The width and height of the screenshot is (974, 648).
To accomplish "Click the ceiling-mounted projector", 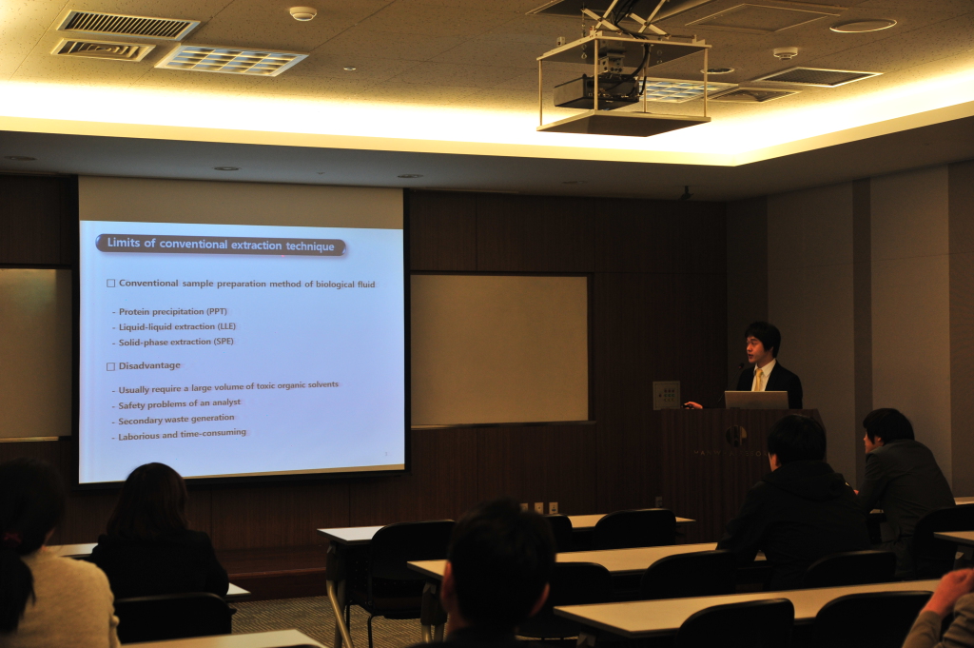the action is pyautogui.click(x=595, y=91).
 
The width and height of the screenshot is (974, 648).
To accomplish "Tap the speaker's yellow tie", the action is pyautogui.click(x=758, y=380).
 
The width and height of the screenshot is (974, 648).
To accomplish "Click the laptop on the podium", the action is pyautogui.click(x=756, y=400).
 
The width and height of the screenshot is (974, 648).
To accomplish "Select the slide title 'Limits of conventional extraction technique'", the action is pyautogui.click(x=221, y=245).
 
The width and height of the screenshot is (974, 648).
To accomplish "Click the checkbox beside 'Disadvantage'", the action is pyautogui.click(x=110, y=366).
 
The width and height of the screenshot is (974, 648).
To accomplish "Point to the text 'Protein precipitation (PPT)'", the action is pyautogui.click(x=173, y=311).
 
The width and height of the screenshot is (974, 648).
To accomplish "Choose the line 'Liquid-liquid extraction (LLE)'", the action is pyautogui.click(x=177, y=326).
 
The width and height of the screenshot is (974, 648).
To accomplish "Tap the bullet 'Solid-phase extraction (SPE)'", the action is pyautogui.click(x=176, y=342).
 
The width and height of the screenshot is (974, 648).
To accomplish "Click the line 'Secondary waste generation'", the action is pyautogui.click(x=176, y=420).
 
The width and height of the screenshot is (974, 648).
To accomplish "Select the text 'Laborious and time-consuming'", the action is pyautogui.click(x=182, y=434).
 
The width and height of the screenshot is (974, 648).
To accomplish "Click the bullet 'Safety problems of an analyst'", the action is pyautogui.click(x=179, y=403).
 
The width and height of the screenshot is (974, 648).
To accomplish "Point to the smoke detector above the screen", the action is pyautogui.click(x=302, y=13).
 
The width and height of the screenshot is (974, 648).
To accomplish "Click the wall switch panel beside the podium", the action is pyautogui.click(x=666, y=395).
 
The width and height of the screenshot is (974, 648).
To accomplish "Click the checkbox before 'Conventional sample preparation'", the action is pyautogui.click(x=110, y=284).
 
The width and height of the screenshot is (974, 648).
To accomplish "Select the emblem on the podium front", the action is pyautogui.click(x=736, y=436).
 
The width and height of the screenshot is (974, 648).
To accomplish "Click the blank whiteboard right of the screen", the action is pyautogui.click(x=498, y=350).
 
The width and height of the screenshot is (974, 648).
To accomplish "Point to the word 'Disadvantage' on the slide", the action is pyautogui.click(x=149, y=365).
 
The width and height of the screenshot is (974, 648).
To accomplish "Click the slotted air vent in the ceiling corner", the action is pyautogui.click(x=127, y=25).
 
